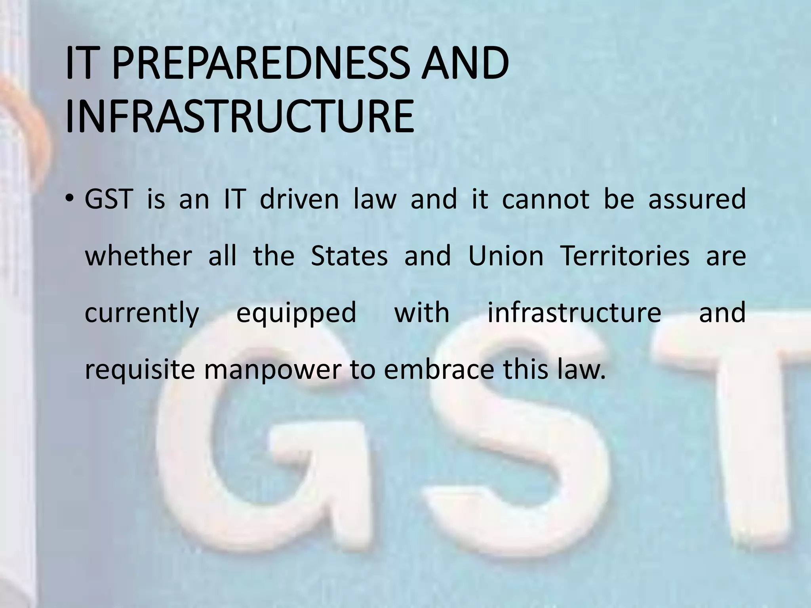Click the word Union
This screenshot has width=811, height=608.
506,256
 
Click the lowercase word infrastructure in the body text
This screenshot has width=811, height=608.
574,313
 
